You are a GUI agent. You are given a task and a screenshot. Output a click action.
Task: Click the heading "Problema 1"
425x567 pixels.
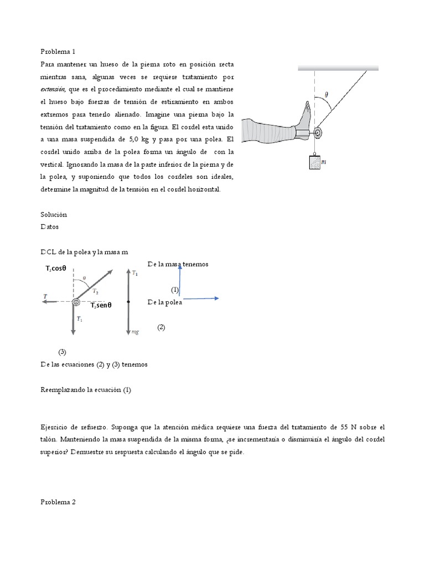click(x=58, y=51)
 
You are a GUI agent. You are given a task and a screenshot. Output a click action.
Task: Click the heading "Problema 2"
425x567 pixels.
click(x=58, y=502)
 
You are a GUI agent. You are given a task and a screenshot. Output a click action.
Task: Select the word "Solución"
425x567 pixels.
click(x=54, y=214)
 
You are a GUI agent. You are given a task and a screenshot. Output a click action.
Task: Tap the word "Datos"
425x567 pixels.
click(x=50, y=226)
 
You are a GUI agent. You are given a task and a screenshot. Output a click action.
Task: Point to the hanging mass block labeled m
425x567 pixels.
click(x=314, y=163)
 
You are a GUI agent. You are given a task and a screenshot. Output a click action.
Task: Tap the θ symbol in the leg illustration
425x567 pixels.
click(x=326, y=95)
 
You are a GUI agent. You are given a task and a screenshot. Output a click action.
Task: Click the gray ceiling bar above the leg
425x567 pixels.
click(x=338, y=68)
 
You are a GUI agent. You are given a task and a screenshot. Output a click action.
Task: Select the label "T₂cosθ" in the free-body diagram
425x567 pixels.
click(x=56, y=269)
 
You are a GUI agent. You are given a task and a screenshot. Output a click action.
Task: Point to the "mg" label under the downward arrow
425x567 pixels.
click(x=134, y=332)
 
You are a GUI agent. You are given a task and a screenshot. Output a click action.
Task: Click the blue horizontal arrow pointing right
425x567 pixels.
click(x=200, y=298)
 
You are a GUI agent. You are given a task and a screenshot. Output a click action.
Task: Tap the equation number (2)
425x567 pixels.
click(x=161, y=327)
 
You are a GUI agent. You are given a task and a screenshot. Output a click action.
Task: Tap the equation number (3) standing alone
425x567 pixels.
click(x=63, y=352)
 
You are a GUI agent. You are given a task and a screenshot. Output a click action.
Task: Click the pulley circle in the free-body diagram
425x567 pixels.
click(x=76, y=302)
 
